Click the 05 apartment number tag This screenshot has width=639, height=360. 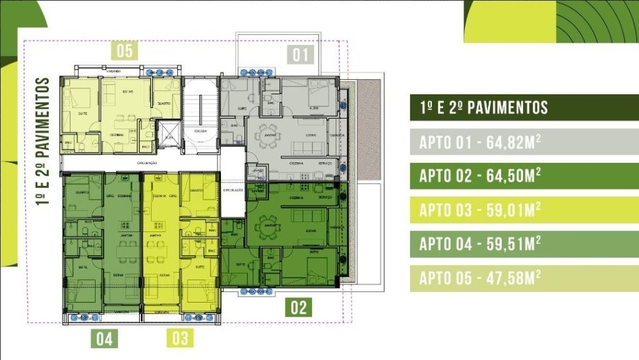pos(125,51)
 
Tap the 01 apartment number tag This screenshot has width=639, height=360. pos(301,54)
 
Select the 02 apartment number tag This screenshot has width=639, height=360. pos(298,307)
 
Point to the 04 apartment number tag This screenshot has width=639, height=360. pos(104,339)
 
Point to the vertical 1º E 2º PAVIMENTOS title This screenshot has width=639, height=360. pos(44,141)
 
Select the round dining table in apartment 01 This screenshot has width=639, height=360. pos(269,131)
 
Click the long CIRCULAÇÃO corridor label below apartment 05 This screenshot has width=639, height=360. pos(146,162)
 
